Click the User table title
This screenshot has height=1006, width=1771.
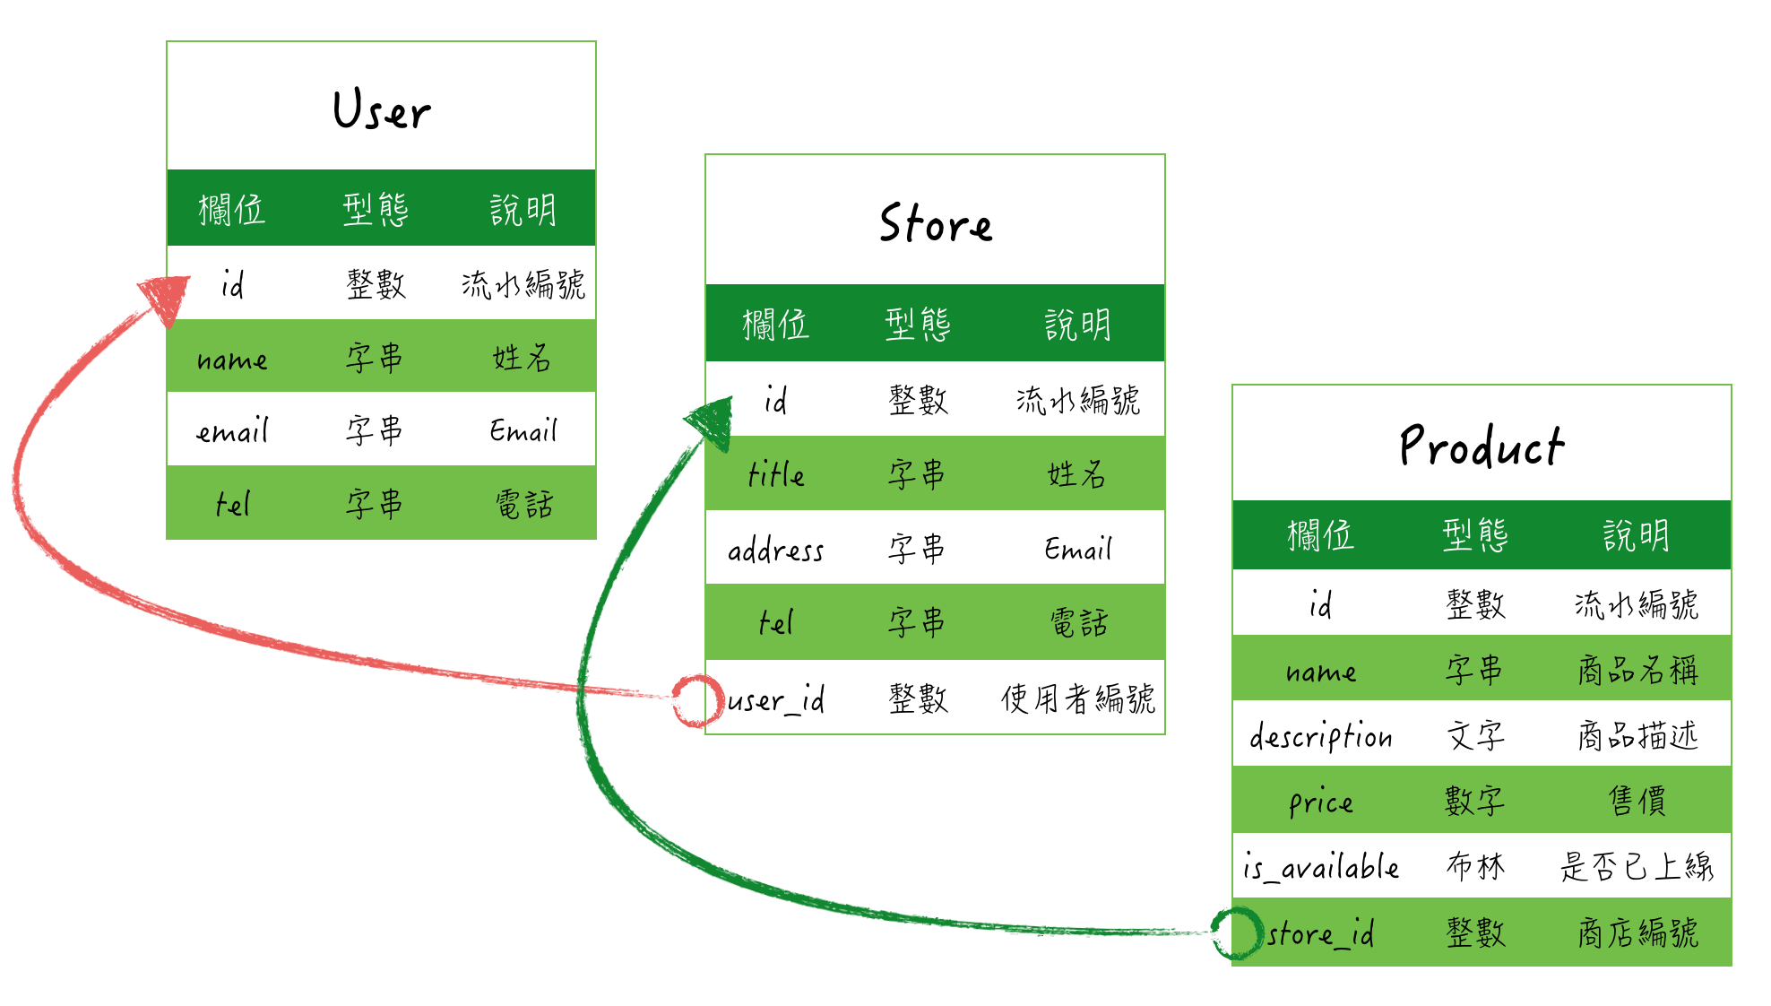click(x=382, y=110)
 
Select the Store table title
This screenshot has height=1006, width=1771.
click(x=935, y=223)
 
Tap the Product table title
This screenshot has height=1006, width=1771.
click(x=1481, y=446)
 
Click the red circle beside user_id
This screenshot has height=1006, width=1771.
click(x=697, y=700)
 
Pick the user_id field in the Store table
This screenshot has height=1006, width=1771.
click(x=776, y=699)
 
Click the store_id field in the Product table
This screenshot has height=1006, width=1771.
click(x=1320, y=933)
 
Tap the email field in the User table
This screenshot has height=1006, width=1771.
click(x=233, y=431)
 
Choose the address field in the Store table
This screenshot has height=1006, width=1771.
click(x=775, y=550)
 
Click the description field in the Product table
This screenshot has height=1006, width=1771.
click(x=1320, y=736)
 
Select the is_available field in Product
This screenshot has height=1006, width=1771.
click(x=1320, y=867)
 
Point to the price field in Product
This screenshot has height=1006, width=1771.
click(x=1320, y=802)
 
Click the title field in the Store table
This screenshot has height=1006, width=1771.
click(x=776, y=474)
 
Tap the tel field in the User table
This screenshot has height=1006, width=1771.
click(x=233, y=504)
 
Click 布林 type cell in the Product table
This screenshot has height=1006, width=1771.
click(x=1475, y=867)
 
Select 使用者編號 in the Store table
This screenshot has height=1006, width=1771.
click(x=1077, y=699)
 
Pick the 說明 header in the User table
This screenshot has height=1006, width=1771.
click(x=523, y=210)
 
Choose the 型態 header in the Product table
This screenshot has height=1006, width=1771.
click(x=1475, y=535)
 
